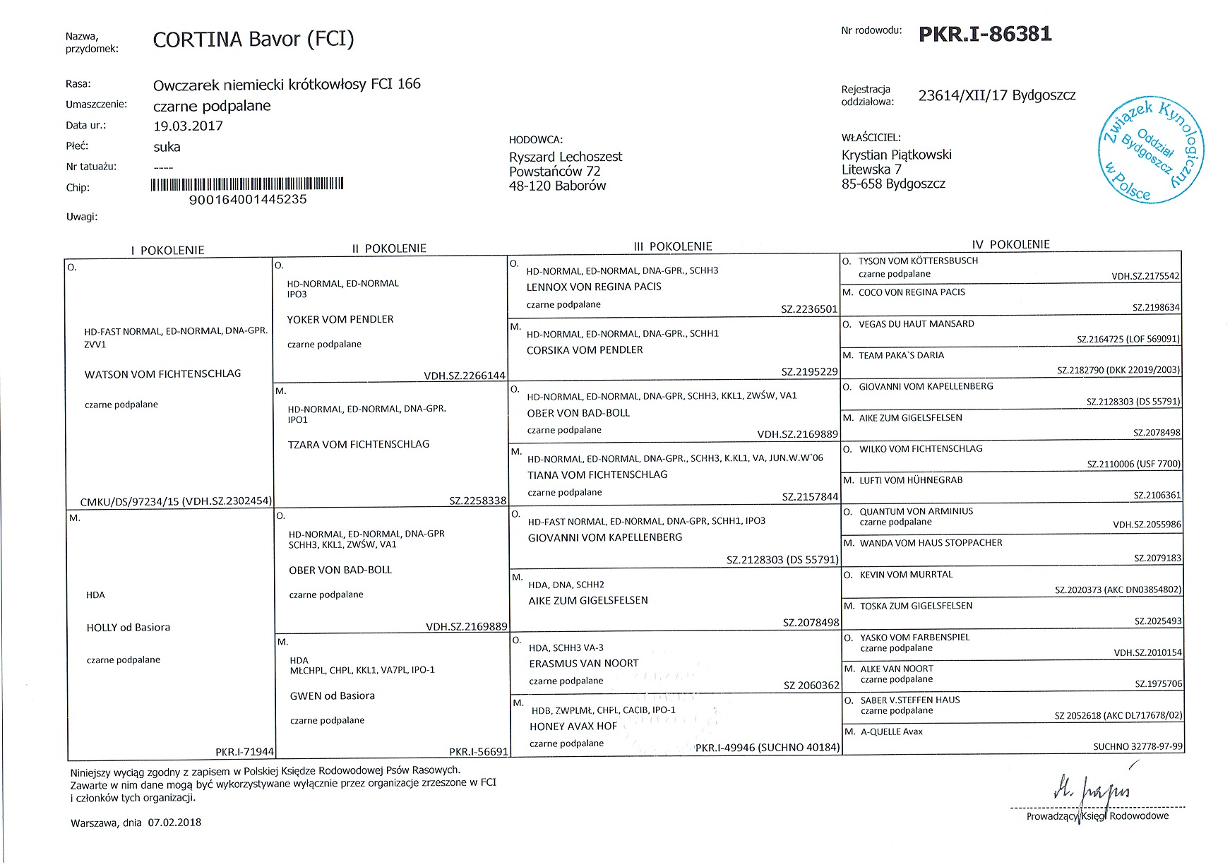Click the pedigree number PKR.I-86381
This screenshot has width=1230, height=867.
[x=985, y=34]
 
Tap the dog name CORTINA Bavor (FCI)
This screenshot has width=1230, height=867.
[x=253, y=40]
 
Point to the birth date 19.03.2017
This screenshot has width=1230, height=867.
[x=188, y=126]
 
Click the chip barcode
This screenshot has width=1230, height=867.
[x=247, y=185]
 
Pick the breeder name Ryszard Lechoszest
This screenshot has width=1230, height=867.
[x=566, y=157]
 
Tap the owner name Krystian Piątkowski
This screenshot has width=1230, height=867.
[x=896, y=155]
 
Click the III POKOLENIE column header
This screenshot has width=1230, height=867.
[x=673, y=246]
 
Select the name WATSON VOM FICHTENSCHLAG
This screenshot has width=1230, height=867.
[x=162, y=373]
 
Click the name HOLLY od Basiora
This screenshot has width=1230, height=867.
[x=128, y=627]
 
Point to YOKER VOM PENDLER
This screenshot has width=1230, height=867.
[x=340, y=319]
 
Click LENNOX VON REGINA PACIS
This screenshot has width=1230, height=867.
[x=594, y=287]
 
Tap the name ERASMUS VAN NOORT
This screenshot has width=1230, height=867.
[x=583, y=664]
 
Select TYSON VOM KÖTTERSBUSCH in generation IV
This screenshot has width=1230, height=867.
[x=918, y=261]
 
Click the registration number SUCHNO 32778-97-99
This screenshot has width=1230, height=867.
[x=1138, y=746]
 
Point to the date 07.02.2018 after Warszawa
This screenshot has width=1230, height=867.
[x=174, y=823]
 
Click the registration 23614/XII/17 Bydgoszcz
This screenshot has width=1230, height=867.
[x=996, y=95]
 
